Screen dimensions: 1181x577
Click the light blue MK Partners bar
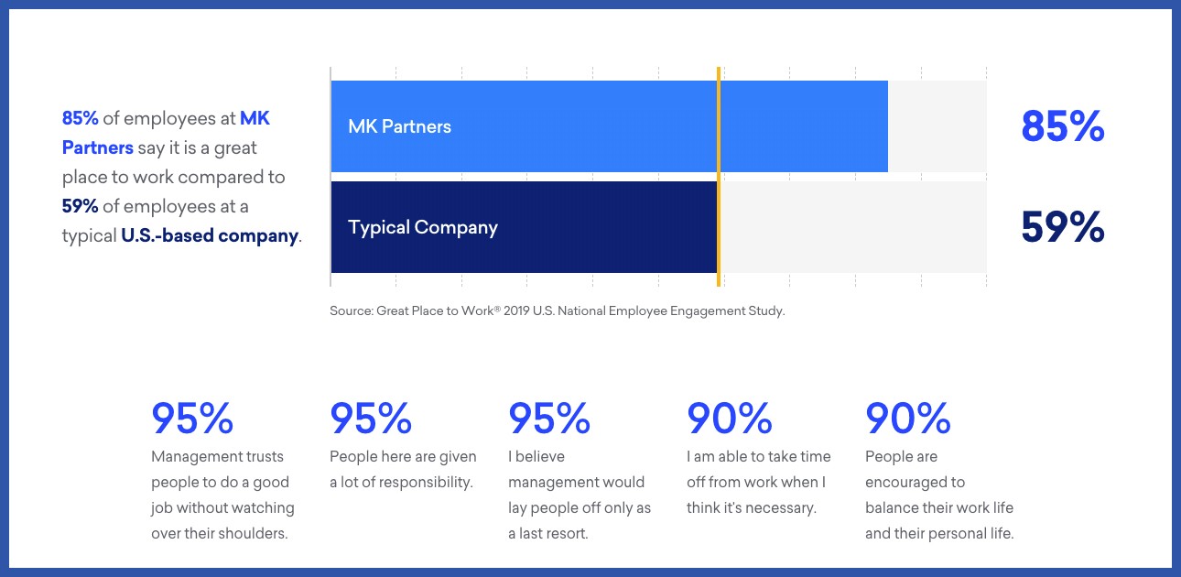tap(609, 126)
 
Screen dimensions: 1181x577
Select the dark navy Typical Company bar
tap(524, 227)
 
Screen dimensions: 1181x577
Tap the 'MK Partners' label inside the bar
tap(400, 126)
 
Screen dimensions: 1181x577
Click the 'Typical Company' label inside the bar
tap(423, 227)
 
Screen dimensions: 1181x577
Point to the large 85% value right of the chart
tap(1062, 126)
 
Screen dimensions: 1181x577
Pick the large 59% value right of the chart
tap(1062, 227)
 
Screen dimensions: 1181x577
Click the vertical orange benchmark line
tap(719, 177)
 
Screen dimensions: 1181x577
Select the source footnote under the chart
tap(558, 310)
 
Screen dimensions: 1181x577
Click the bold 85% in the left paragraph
tap(81, 118)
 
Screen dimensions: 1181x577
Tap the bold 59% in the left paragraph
tap(81, 206)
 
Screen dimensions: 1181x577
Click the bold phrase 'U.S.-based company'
tap(210, 235)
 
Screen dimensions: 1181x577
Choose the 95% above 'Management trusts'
tap(192, 418)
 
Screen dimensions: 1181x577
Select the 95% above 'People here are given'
tap(371, 418)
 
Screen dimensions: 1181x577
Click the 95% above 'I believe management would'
tap(549, 418)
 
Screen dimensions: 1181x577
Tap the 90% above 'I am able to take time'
tap(729, 418)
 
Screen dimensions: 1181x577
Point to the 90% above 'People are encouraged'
tap(908, 418)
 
